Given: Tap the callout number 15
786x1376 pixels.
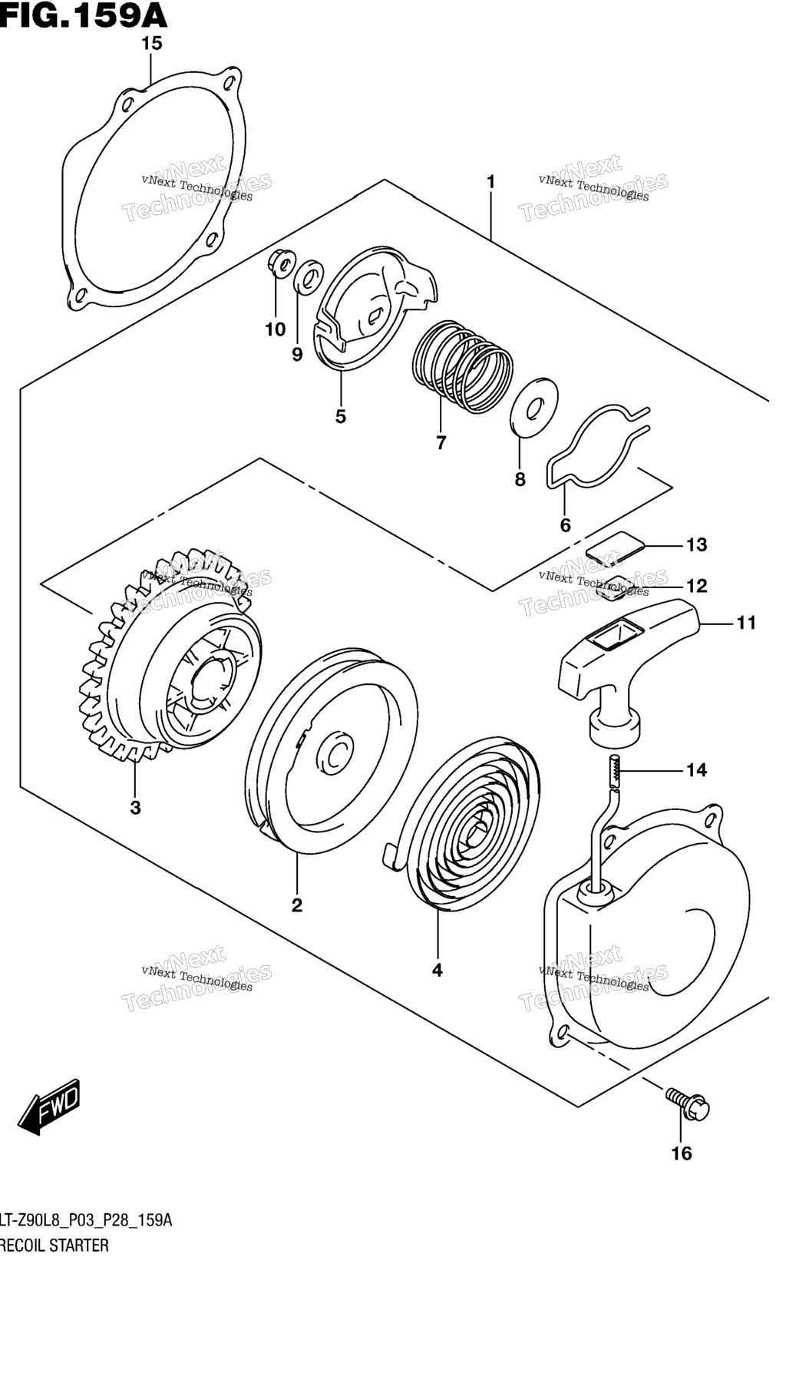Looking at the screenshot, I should point(152,44).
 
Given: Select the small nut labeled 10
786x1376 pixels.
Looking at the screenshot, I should point(280,264).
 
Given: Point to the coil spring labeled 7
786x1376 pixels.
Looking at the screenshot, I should point(462,366).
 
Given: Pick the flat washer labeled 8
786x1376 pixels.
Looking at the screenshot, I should point(534,405).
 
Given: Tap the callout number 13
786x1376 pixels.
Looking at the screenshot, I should point(696,545).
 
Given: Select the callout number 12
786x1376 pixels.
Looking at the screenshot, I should point(696,586).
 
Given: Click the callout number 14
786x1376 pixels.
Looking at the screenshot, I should point(696,769).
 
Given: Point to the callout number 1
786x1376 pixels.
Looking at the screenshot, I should point(490,182).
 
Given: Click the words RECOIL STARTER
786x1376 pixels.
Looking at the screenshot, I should point(54,1245).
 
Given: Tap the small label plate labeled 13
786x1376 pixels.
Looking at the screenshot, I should point(615,545).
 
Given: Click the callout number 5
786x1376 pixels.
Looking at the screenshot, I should point(340,416).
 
